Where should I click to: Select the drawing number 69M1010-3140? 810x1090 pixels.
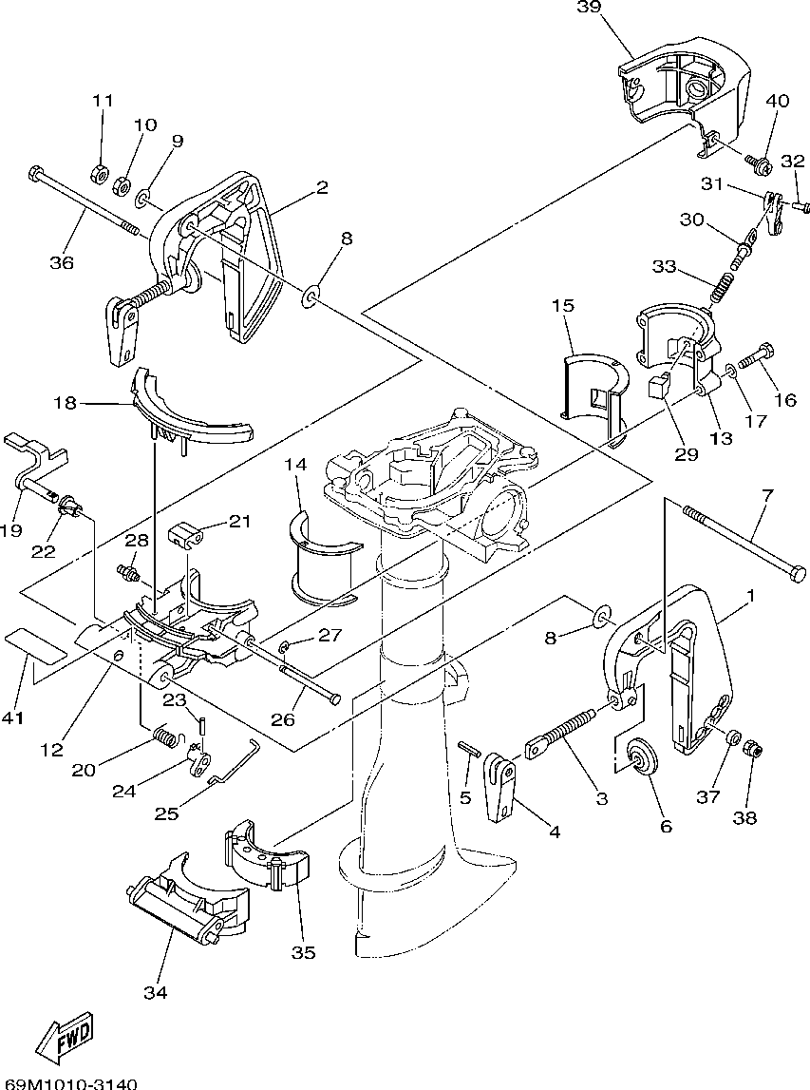[x=68, y=1083]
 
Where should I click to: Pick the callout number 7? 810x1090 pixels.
[x=767, y=496]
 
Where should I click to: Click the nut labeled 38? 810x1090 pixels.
[x=753, y=750]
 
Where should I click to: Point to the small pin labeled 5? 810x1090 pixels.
[x=469, y=750]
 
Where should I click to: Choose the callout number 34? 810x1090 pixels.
[x=156, y=993]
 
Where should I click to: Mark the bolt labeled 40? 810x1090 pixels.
[x=757, y=163]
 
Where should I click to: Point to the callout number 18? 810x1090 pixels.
[x=66, y=403]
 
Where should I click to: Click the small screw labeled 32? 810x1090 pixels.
[x=801, y=206]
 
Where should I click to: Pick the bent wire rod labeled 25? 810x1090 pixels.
[x=235, y=762]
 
